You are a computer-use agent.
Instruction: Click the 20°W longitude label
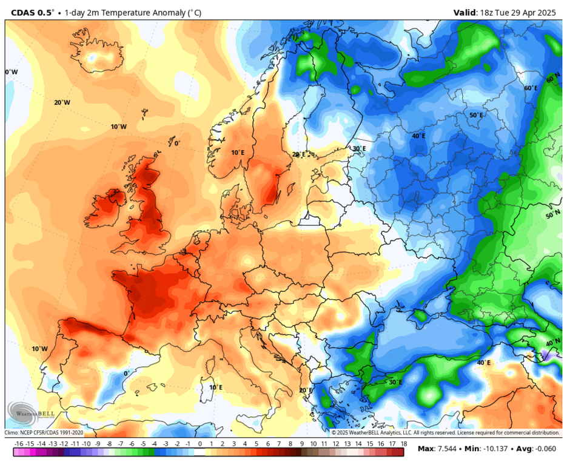coord(62,102)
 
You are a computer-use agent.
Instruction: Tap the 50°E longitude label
coord(476,115)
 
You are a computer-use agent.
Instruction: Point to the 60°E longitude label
coord(531,88)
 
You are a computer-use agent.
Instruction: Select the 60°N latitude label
coord(553,79)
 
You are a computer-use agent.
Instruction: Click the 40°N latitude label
coord(553,343)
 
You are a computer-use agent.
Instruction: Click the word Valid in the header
coord(465,12)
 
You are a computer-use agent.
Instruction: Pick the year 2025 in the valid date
coord(548,12)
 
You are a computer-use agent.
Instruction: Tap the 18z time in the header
coord(490,12)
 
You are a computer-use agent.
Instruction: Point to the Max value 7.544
coord(448,449)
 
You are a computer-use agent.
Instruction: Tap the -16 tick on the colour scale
coord(18,444)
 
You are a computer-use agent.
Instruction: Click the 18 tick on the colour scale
coord(403,444)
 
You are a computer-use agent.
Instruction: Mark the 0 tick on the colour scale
coord(200,444)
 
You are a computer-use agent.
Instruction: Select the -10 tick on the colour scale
coord(86,444)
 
